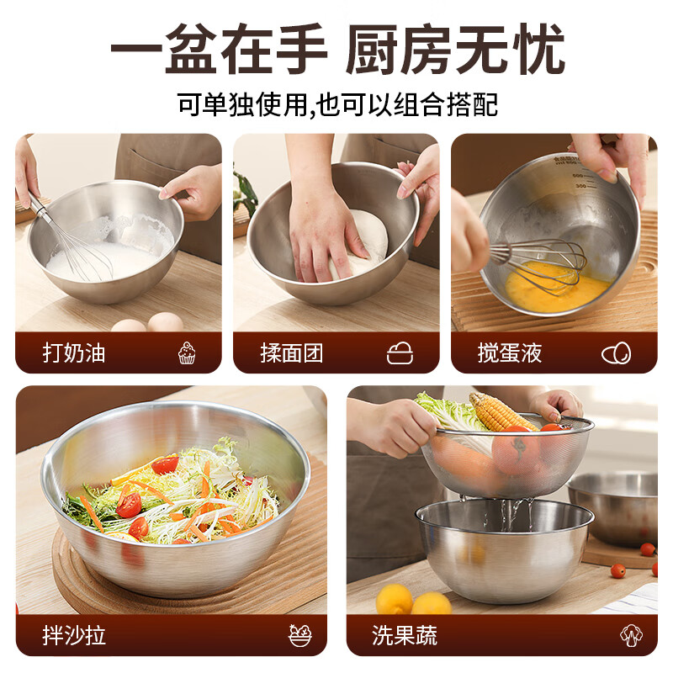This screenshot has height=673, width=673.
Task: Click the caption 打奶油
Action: point(74,353)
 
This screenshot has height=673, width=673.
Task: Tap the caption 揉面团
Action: point(291,353)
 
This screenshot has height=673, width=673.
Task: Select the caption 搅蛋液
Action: point(510,353)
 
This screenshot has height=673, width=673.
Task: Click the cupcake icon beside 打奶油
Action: point(187,353)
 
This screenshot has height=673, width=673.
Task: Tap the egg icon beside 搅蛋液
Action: point(616,353)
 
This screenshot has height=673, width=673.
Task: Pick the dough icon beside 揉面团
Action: point(400,353)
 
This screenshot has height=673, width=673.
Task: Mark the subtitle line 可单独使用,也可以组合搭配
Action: point(336,104)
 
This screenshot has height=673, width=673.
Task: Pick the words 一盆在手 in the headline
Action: point(219,50)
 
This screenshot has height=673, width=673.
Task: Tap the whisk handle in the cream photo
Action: point(39,205)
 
